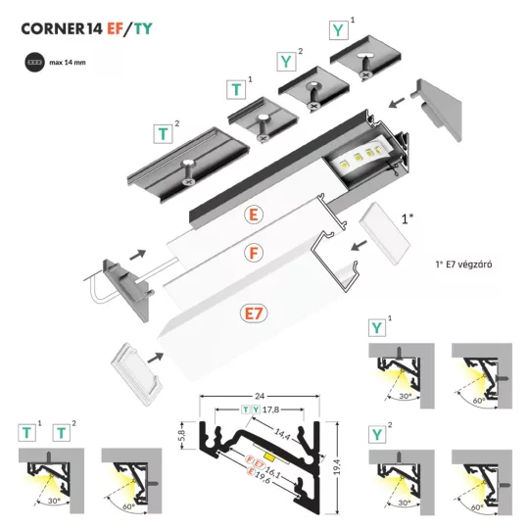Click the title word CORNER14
click(x=60, y=29)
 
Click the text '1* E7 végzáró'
click(x=470, y=264)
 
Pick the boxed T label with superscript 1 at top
click(x=237, y=91)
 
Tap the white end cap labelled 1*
click(x=378, y=222)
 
